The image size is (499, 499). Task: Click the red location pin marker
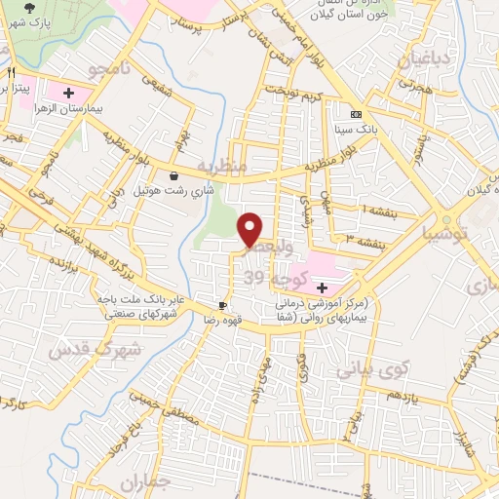pos(250,229)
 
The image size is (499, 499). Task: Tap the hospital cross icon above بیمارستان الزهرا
pos(68,94)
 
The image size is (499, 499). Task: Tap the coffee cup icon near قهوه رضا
pos(224,304)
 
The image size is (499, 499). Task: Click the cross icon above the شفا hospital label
pos(323,288)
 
